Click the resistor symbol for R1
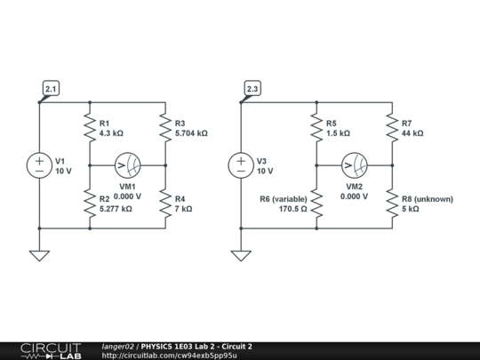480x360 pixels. pos(90,128)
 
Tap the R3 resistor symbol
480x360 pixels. pos(165,128)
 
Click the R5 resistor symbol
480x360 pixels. pos(316,128)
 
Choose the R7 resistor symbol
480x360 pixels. pos(392,128)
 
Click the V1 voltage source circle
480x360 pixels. pos(40,165)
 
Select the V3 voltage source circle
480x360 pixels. pos(241,165)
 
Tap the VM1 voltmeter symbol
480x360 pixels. pos(128,165)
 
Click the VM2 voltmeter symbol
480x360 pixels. pos(355,165)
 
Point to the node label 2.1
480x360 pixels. pos(51,89)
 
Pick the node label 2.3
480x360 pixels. pos(252,89)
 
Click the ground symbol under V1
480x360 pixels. pos(40,256)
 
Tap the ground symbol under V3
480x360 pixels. pos(241,256)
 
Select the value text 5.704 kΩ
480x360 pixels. pos(192,132)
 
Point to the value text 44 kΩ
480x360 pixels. pos(412,132)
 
